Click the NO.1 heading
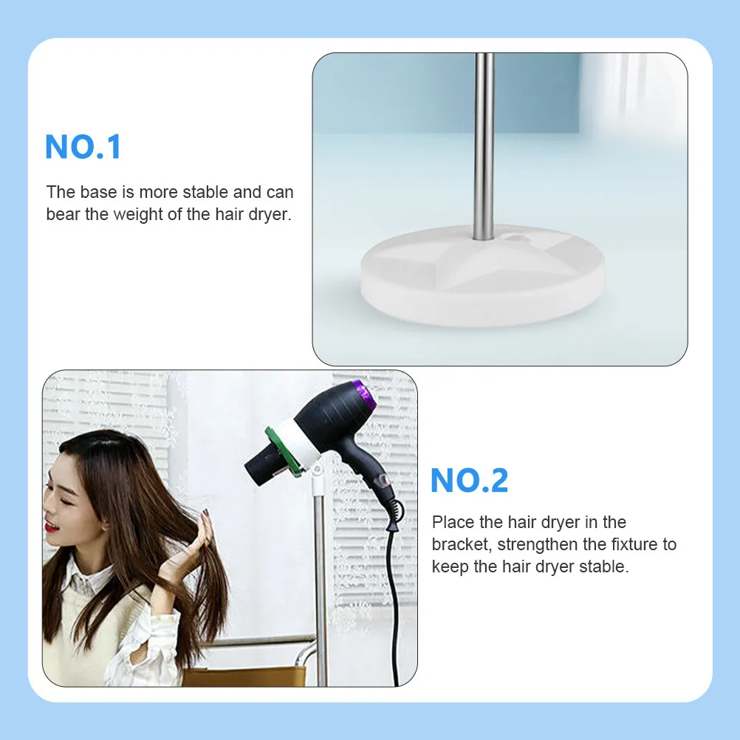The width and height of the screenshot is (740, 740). (x=83, y=147)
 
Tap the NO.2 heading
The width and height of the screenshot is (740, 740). (x=469, y=481)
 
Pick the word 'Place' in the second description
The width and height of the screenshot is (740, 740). (x=453, y=523)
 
